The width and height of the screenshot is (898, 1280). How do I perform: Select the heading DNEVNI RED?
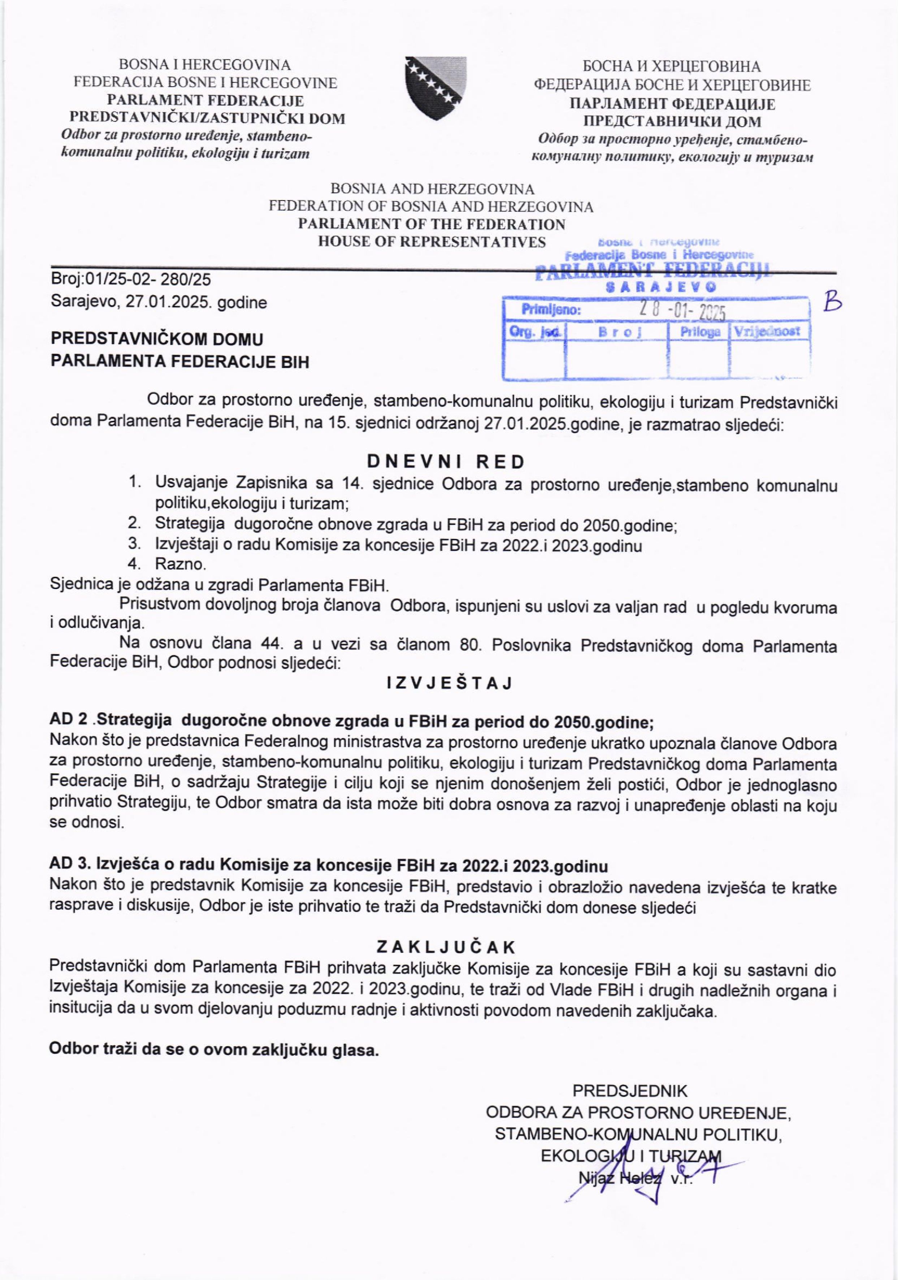click(446, 461)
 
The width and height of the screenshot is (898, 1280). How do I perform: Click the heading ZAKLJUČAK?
click(446, 947)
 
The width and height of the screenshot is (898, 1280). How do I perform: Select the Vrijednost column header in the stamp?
click(768, 331)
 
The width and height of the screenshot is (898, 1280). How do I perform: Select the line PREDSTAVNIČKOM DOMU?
click(157, 339)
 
